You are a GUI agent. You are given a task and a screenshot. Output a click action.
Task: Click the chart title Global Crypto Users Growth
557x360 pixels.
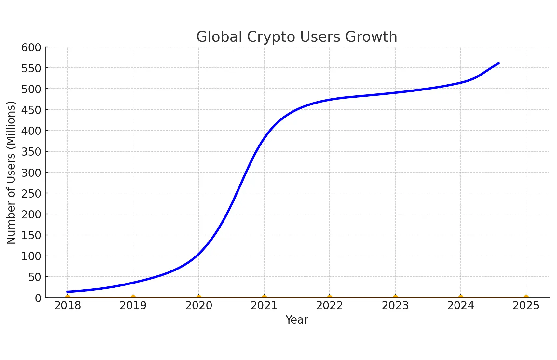point(296,37)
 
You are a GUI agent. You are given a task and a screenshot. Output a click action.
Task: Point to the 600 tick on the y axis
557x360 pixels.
point(32,48)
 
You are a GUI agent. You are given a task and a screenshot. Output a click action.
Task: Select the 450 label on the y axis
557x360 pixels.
point(32,110)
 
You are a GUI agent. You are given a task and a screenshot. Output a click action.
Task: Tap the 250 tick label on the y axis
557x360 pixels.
point(32,194)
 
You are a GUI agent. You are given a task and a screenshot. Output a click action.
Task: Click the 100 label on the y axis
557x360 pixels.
point(32,256)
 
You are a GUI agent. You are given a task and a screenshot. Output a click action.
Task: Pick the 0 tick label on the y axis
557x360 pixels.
point(38,298)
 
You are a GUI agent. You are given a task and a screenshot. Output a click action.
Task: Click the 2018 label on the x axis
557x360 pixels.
point(68,306)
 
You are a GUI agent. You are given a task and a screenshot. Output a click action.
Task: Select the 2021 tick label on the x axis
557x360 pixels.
point(264,306)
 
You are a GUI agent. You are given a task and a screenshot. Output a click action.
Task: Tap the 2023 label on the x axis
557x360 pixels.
point(395,306)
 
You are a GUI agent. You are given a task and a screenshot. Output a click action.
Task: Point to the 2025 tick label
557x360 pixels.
point(526,306)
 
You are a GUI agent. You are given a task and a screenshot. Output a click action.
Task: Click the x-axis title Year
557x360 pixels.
point(297,320)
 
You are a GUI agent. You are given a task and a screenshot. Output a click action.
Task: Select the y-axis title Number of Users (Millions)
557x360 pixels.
point(11,173)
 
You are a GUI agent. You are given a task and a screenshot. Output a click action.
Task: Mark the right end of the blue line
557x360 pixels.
point(498,63)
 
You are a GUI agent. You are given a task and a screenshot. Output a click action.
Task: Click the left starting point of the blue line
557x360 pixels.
point(68,292)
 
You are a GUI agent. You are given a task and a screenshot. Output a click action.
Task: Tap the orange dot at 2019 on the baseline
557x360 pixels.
point(133,297)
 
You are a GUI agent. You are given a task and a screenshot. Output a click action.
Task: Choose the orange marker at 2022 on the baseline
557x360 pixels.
point(330,297)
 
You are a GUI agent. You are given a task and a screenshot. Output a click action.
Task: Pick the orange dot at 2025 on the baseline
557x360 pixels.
point(526,297)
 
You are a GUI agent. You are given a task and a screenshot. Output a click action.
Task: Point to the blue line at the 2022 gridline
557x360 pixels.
point(330,100)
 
